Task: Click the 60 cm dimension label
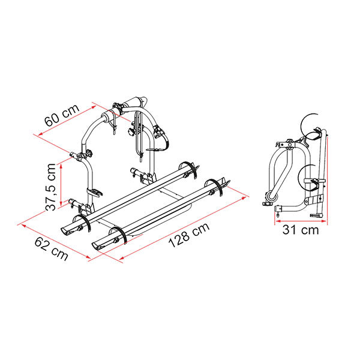click(x=62, y=115)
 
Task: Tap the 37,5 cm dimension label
click(x=51, y=187)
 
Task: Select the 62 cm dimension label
click(x=51, y=249)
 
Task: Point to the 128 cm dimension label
click(x=189, y=235)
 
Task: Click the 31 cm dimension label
click(x=301, y=230)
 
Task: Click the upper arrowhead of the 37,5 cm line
click(x=61, y=166)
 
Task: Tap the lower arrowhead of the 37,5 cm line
click(x=61, y=203)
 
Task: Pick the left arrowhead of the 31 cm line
click(x=278, y=221)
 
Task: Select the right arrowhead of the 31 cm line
click(x=324, y=221)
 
